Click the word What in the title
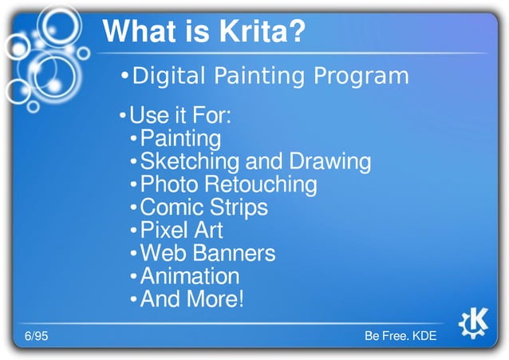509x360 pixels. point(144,33)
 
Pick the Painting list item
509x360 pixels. point(180,139)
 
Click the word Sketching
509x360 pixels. point(189,162)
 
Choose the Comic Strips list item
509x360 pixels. point(203,208)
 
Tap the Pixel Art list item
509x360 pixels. point(181,231)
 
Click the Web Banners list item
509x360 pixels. point(207,254)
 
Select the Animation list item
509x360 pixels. point(189,277)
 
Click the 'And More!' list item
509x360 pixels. point(191,300)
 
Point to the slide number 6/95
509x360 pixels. point(35,336)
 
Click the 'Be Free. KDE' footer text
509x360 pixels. point(400,336)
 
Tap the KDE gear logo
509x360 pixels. point(474,323)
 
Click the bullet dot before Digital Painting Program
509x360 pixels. point(124,77)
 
